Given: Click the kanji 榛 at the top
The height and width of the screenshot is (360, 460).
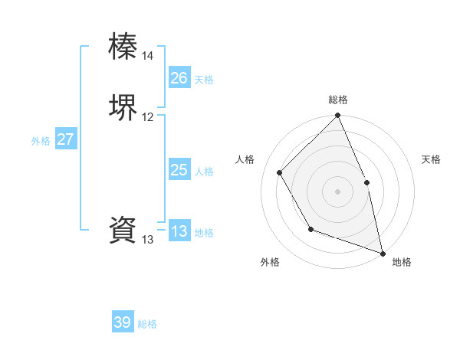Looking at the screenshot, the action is tap(123, 46).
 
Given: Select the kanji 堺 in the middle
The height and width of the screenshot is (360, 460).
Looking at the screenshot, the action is tap(123, 106).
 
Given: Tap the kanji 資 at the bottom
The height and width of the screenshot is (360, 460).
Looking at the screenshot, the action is tap(123, 230).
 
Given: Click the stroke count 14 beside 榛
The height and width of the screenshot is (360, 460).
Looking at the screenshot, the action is tap(148, 56).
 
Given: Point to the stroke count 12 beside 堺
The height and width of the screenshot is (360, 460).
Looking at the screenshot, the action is tap(148, 117).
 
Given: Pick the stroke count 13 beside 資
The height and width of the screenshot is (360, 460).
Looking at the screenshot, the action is tap(148, 240).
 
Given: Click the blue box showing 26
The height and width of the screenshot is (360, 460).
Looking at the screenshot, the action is tap(179, 77).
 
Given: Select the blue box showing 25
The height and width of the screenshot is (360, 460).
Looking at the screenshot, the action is tap(179, 170).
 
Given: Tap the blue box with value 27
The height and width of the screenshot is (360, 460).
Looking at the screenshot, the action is tap(66, 139).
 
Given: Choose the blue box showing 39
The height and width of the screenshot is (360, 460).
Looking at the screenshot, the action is tap(123, 322).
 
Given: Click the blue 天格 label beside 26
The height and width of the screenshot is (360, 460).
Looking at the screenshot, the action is tap(204, 79).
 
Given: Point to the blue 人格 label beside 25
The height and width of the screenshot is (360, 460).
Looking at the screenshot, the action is tap(204, 172).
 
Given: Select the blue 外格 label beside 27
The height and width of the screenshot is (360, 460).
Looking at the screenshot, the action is tap(41, 141).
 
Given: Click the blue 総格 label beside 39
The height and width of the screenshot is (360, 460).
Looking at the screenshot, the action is tap(147, 324).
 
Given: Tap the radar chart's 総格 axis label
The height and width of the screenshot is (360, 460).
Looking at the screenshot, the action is tap(338, 100).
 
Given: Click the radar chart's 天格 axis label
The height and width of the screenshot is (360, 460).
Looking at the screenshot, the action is tap(431, 159).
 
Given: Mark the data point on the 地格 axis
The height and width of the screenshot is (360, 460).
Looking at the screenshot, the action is tap(383, 252).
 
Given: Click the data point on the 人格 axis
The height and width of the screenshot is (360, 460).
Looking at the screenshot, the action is tap(280, 172).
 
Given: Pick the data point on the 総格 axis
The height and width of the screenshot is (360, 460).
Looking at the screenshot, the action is tap(338, 116).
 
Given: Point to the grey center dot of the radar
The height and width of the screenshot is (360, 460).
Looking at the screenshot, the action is tap(338, 191).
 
